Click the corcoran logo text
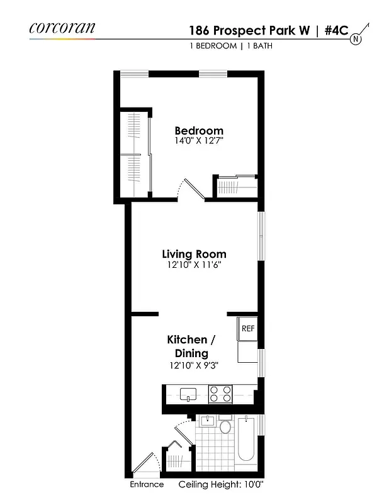click(62, 28)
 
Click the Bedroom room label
click(199, 131)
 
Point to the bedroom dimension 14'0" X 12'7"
click(199, 141)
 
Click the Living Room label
click(194, 254)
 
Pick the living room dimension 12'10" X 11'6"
click(194, 265)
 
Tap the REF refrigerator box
click(247, 329)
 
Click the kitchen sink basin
click(188, 395)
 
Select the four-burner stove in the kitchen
click(220, 394)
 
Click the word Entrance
click(147, 485)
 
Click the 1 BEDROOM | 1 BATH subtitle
click(230, 46)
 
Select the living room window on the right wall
click(261, 235)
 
